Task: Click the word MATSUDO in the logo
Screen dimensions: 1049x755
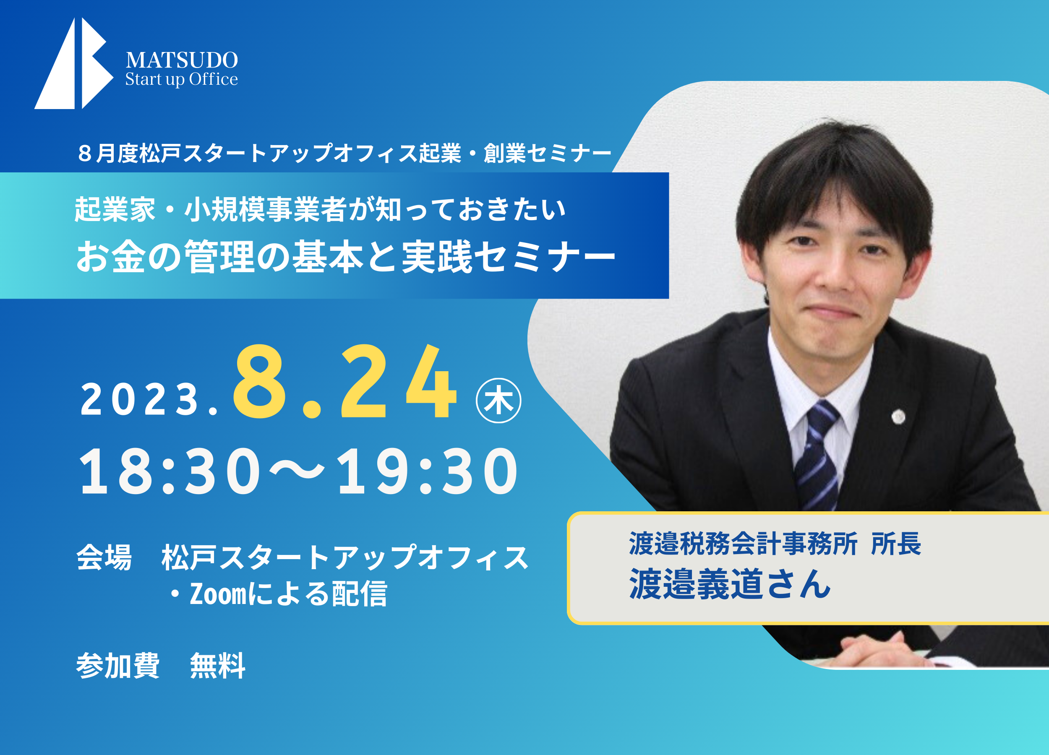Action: tap(182, 60)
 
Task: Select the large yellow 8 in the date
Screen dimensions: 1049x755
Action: tap(259, 381)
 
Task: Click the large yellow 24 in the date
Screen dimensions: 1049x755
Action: tap(399, 381)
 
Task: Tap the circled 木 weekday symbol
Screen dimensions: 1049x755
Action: tap(498, 401)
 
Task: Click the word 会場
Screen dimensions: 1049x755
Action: tap(104, 557)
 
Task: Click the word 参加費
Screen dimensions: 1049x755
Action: tap(118, 666)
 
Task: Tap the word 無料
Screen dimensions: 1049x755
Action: tap(217, 666)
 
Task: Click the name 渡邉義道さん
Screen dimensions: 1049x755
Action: tap(730, 584)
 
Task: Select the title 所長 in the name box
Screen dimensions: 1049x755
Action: tap(896, 543)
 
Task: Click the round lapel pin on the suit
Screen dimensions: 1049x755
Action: tap(898, 417)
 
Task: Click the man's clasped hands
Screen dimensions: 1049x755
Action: tap(869, 650)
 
